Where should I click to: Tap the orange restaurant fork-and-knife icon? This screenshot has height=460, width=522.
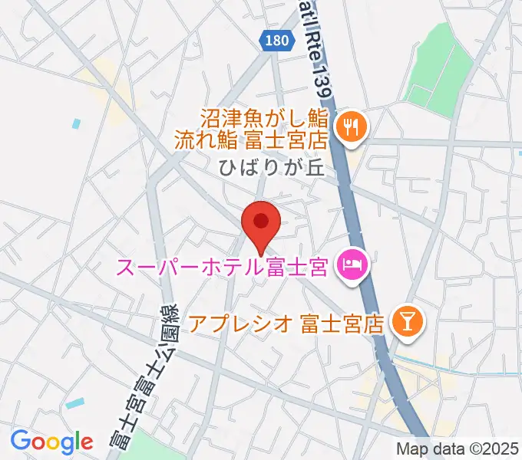(x=352, y=126)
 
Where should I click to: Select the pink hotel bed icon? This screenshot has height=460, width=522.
(x=353, y=268)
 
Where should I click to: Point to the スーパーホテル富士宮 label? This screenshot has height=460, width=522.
(x=223, y=268)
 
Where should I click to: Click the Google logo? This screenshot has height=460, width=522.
(x=51, y=442)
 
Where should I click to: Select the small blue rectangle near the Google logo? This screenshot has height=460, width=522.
(x=75, y=402)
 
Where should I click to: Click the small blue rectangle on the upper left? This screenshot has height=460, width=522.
(x=75, y=123)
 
